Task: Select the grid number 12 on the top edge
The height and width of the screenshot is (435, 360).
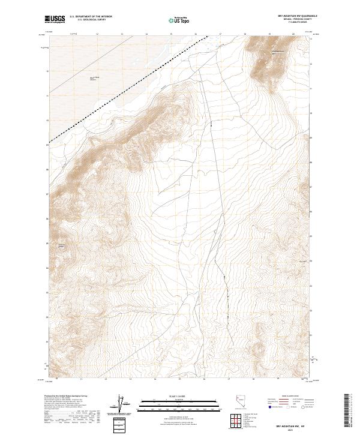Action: (97, 34)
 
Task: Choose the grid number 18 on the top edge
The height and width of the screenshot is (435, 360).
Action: (245, 34)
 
